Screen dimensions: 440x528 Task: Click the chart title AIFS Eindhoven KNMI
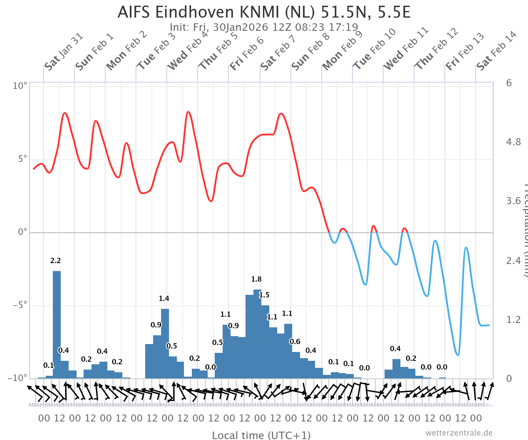tap(264, 12)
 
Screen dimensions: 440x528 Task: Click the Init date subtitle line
tap(264, 27)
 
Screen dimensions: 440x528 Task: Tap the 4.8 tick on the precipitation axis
tap(514, 142)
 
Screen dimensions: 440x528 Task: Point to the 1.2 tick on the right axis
tap(514, 319)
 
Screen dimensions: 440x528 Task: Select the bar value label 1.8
tap(256, 279)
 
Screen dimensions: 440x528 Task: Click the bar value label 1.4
tap(164, 299)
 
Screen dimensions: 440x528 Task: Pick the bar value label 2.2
tap(55, 260)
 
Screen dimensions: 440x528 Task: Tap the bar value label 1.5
tap(264, 295)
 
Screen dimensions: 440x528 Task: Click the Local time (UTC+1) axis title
tap(261, 435)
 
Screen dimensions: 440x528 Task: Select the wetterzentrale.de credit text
tap(458, 433)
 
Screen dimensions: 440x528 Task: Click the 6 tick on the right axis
tap(509, 83)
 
